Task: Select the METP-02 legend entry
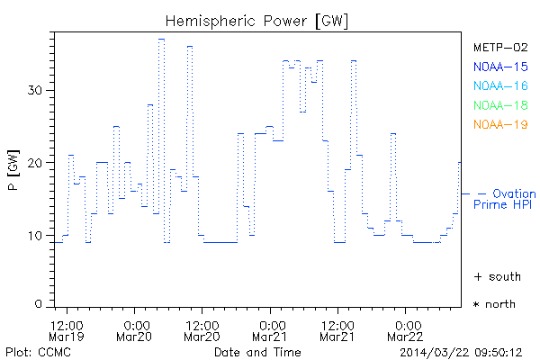(x=500, y=47)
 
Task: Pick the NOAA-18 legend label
(x=500, y=105)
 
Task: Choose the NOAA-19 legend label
(x=500, y=124)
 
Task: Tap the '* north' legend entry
(x=494, y=304)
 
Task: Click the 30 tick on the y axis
(x=37, y=90)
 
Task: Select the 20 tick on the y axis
(x=37, y=163)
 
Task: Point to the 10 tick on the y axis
(x=37, y=236)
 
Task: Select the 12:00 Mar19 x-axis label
(x=67, y=330)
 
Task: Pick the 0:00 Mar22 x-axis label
(x=408, y=330)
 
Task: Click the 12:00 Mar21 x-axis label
(x=338, y=330)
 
